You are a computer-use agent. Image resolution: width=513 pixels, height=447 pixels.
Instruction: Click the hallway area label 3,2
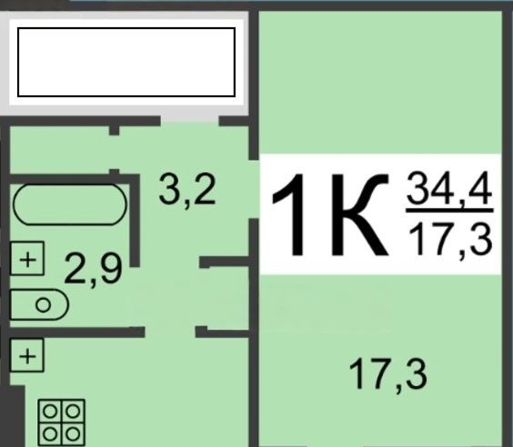click(187, 190)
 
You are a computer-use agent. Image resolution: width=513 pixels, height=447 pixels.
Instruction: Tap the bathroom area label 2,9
click(93, 270)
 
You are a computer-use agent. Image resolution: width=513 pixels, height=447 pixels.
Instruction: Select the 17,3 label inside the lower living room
click(388, 374)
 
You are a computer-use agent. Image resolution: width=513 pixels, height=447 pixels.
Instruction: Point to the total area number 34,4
click(449, 189)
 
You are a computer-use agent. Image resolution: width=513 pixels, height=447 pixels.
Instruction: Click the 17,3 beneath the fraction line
click(450, 239)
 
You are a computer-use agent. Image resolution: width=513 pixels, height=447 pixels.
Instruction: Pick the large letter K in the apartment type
click(360, 214)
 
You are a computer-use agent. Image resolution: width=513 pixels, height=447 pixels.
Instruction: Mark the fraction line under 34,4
click(449, 211)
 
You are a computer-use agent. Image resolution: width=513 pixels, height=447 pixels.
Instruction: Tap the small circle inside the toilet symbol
click(43, 305)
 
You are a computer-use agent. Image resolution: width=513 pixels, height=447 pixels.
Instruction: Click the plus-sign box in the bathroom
click(27, 258)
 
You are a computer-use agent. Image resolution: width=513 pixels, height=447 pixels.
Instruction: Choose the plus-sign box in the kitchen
click(26, 355)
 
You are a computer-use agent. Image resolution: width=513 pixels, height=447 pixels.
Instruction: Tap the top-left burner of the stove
click(50, 412)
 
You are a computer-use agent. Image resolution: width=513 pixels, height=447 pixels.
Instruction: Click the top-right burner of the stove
click(73, 412)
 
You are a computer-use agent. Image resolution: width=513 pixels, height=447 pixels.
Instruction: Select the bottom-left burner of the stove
click(50, 434)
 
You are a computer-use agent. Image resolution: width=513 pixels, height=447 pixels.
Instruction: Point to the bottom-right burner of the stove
click(73, 434)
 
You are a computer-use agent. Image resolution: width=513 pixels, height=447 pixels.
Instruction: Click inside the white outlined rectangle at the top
click(126, 63)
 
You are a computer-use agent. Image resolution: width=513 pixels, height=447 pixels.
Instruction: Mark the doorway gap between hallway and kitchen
click(170, 332)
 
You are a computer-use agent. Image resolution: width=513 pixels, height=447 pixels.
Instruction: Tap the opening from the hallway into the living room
click(254, 189)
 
